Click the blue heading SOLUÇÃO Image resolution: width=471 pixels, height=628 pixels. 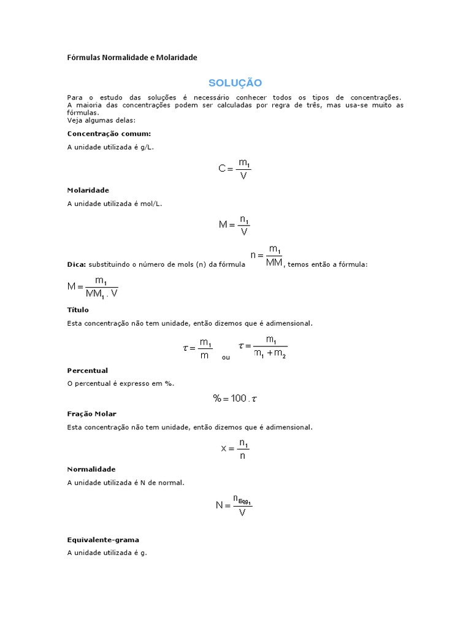235,83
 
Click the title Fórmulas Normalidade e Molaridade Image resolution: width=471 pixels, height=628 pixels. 132,58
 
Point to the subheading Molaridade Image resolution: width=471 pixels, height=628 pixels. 88,190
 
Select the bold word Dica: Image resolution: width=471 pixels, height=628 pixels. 77,264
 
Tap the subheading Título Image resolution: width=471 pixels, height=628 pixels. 78,310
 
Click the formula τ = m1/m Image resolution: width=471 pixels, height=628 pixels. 197,348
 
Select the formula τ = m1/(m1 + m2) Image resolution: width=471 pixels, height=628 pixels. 262,347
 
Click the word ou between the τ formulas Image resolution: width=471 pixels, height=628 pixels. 226,357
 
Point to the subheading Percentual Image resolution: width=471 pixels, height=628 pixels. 87,370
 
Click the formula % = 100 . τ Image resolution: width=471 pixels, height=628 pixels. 235,399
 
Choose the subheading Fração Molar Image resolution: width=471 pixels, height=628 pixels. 91,414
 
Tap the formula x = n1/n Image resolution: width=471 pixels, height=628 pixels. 235,448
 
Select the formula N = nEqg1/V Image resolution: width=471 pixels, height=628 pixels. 234,505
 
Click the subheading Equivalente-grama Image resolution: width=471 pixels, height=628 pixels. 103,540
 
